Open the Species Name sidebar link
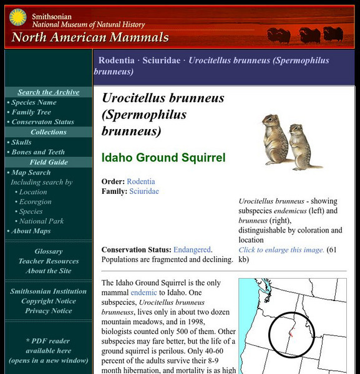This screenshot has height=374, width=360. click(34, 102)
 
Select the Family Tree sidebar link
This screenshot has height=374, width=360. click(31, 112)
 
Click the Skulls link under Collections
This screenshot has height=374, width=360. click(22, 142)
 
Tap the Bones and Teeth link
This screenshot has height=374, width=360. click(37, 152)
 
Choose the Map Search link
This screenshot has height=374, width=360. click(31, 173)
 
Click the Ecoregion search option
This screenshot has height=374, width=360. click(36, 202)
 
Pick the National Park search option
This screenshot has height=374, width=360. click(42, 221)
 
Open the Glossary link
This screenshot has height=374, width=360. click(48, 252)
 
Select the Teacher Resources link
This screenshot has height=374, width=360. click(48, 261)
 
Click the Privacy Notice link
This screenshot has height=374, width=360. click(48, 311)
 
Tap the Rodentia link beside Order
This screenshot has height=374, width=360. click(141, 181)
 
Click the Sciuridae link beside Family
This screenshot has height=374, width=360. click(144, 191)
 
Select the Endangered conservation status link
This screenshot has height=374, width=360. click(192, 249)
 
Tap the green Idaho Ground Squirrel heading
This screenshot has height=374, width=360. click(163, 158)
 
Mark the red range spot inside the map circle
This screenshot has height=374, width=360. click(291, 334)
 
